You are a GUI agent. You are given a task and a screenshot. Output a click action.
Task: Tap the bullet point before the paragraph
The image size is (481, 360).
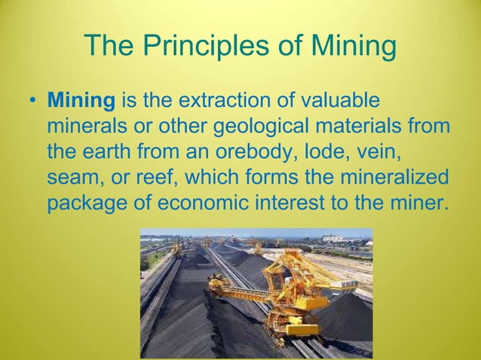pyautogui.click(x=30, y=100)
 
